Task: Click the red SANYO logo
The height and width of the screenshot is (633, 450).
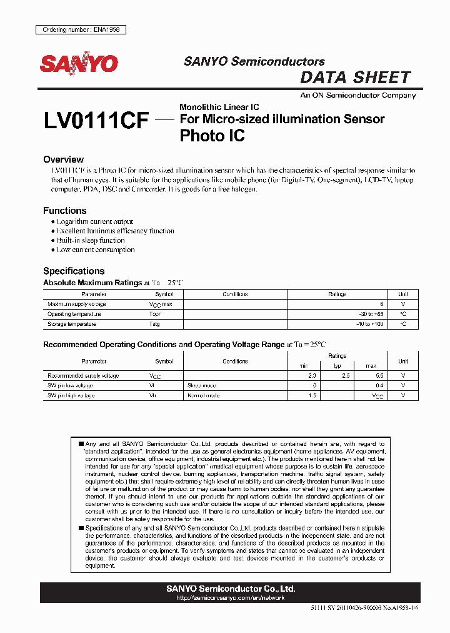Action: pyautogui.click(x=79, y=64)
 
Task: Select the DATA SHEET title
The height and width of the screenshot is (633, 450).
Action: pyautogui.click(x=355, y=78)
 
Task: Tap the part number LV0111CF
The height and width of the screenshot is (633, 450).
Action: pyautogui.click(x=96, y=121)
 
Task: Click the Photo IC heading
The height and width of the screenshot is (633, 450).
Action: pyautogui.click(x=212, y=135)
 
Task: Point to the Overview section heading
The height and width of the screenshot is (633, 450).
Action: pyautogui.click(x=63, y=160)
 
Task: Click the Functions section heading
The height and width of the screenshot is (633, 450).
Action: pyautogui.click(x=64, y=211)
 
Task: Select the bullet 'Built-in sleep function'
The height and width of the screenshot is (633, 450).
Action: pyautogui.click(x=91, y=240)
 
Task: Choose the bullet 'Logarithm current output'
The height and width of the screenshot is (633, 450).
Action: pyautogui.click(x=95, y=221)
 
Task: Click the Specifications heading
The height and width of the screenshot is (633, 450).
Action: pyautogui.click(x=73, y=271)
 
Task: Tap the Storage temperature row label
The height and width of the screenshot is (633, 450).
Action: pyautogui.click(x=72, y=324)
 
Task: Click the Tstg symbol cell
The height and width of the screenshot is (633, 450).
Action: pyautogui.click(x=154, y=324)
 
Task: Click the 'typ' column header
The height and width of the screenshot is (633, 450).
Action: pyautogui.click(x=337, y=365)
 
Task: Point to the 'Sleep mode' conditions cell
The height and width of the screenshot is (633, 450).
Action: pyautogui.click(x=201, y=386)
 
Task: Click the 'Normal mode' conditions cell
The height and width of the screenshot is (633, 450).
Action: pyautogui.click(x=203, y=396)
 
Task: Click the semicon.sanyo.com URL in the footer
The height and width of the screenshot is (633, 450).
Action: pyautogui.click(x=231, y=598)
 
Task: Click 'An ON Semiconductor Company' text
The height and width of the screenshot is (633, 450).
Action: pyautogui.click(x=357, y=95)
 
